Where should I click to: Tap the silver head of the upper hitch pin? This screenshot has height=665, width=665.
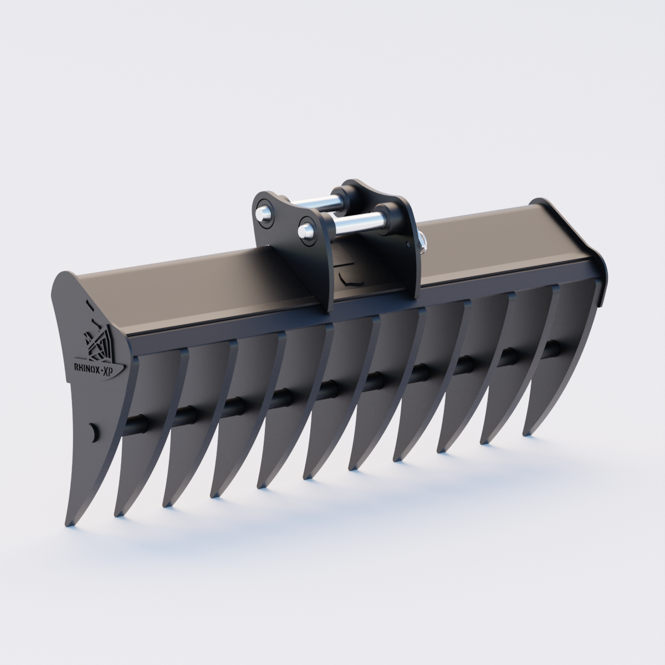tap(262, 214)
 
